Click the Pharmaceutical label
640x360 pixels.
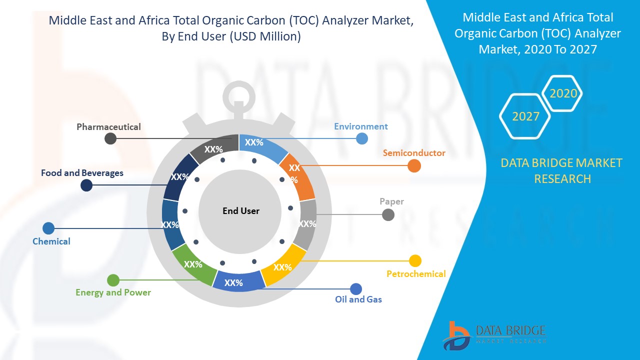108,127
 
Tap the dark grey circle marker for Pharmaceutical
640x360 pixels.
110,138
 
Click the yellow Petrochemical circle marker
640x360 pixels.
415,260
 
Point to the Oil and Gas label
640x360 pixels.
358,299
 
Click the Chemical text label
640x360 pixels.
51,241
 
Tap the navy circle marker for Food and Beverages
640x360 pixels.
86,185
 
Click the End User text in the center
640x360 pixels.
241,211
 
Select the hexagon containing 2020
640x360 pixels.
563,93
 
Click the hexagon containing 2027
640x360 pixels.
525,116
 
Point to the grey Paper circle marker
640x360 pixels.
388,214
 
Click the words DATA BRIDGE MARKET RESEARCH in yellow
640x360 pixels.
561,170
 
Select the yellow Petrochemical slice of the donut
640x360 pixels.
283,265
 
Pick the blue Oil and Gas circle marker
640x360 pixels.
356,288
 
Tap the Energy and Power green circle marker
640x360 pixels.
113,280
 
